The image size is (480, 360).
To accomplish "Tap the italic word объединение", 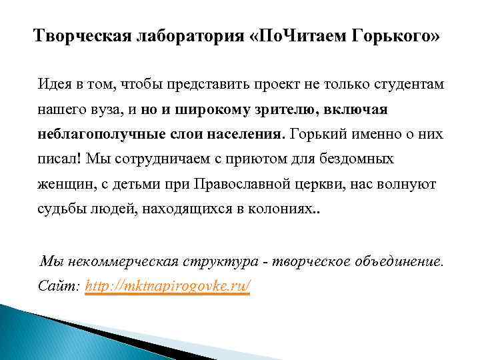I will (389, 261).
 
